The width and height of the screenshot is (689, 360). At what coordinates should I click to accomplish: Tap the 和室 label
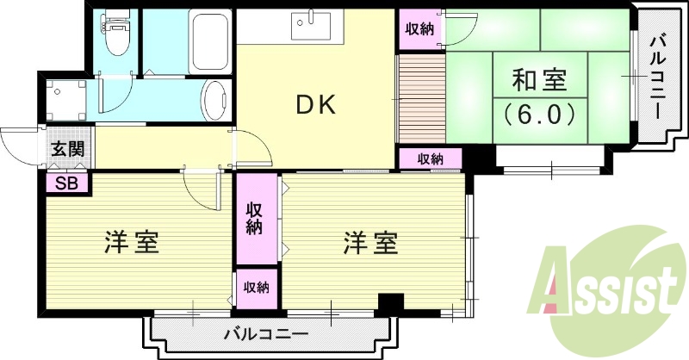[539, 82]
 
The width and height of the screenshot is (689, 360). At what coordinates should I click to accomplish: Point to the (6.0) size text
[539, 113]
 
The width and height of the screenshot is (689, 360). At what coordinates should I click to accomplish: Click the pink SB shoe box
[65, 183]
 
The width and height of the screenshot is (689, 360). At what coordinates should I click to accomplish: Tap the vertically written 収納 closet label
[255, 218]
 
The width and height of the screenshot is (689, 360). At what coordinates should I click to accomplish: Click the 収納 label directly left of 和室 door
[419, 29]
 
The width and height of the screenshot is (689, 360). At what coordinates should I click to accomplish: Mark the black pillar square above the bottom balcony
[391, 303]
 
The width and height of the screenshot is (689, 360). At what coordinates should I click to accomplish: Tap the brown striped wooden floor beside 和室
[420, 99]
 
